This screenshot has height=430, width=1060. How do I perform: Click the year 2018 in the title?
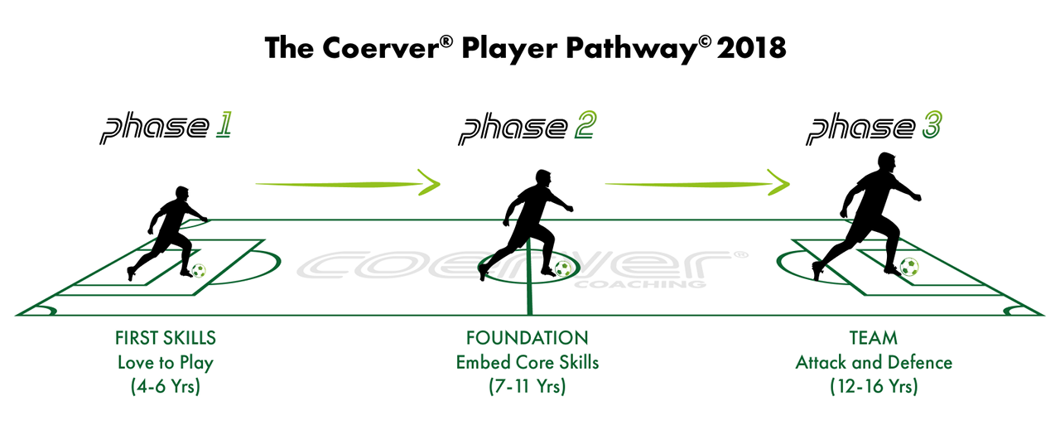(x=751, y=48)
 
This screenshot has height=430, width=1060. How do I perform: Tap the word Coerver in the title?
(x=381, y=48)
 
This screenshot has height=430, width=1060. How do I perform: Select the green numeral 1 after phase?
(x=224, y=125)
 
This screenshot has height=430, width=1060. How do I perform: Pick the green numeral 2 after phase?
(x=585, y=125)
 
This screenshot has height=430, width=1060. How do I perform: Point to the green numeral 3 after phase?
(x=932, y=124)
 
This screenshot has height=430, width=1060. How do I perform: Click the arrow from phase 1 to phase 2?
(x=348, y=183)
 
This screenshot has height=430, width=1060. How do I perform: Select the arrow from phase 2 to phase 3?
(x=697, y=183)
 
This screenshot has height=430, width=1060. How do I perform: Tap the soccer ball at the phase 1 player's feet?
(x=199, y=271)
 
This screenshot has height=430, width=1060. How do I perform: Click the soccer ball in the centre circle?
(x=562, y=268)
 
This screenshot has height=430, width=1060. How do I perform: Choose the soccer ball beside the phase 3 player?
(x=909, y=267)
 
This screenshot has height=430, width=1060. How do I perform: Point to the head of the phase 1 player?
(x=181, y=194)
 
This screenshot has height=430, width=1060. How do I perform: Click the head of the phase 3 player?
(x=886, y=162)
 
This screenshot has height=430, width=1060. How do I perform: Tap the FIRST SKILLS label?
(x=166, y=338)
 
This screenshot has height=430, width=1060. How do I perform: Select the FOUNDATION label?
(x=528, y=338)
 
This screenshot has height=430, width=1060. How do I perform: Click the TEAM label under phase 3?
(x=874, y=338)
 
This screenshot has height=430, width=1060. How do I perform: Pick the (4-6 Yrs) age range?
(x=166, y=386)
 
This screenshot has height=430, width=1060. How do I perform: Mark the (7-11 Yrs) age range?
(x=528, y=386)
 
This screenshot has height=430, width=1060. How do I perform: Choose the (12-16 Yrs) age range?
(x=874, y=386)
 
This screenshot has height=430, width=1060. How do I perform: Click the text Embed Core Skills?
(x=528, y=362)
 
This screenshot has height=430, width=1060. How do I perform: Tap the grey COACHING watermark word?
(x=640, y=284)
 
